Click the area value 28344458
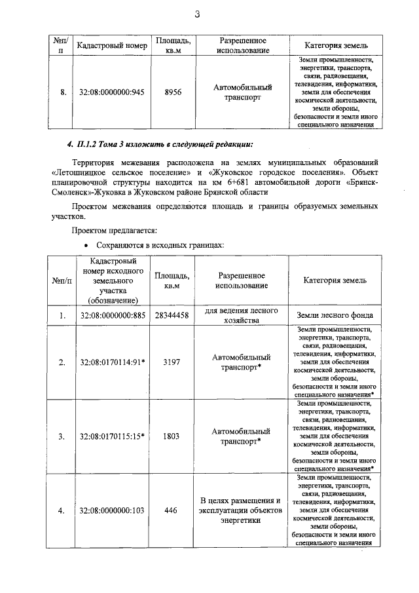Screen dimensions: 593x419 pyautogui.click(x=172, y=316)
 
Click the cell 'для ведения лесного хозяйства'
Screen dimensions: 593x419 pyautogui.click(x=242, y=316)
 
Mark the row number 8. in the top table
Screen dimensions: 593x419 pyautogui.click(x=62, y=92)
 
